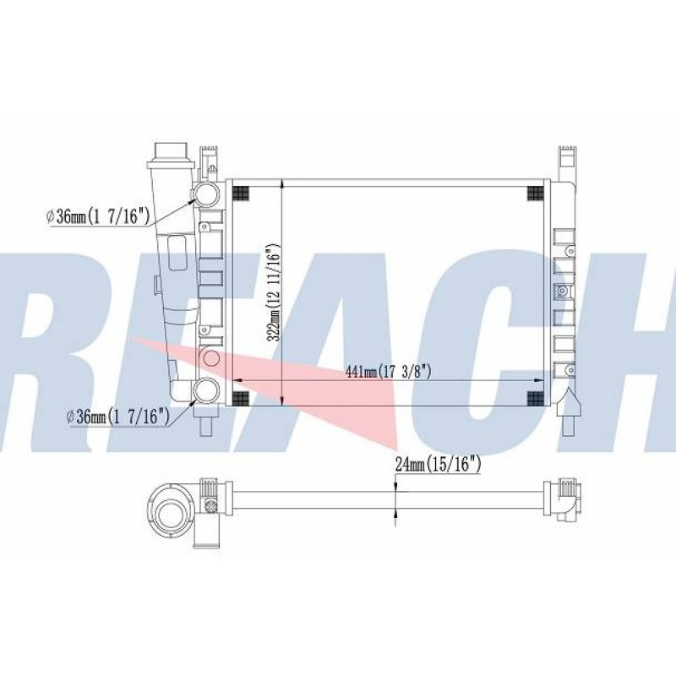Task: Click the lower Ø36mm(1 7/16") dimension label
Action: click(120, 416)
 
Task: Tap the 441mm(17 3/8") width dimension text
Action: click(390, 372)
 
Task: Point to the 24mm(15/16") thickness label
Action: click(438, 463)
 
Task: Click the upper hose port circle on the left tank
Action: click(205, 194)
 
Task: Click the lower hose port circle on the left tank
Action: click(205, 390)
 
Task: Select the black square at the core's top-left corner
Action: click(240, 193)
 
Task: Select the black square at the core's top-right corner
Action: click(535, 193)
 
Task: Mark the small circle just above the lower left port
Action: click(211, 358)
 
